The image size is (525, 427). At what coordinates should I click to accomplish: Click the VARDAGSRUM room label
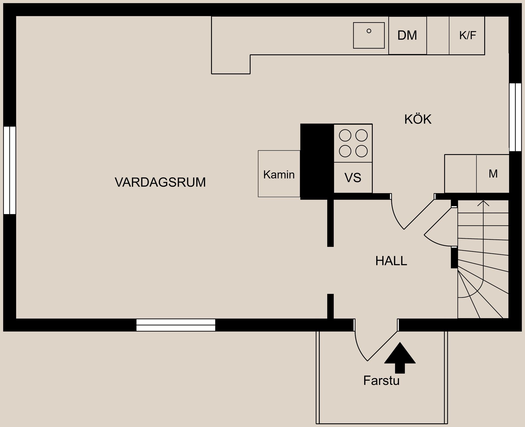(160, 182)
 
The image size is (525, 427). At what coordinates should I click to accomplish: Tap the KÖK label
(418, 119)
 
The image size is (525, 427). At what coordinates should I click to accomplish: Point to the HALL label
(391, 261)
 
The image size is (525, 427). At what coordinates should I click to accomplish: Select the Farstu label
(381, 381)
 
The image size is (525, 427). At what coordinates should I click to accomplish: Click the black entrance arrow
(400, 358)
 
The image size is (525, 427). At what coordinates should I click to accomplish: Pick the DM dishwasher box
(407, 36)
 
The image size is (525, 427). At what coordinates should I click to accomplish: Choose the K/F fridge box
(467, 36)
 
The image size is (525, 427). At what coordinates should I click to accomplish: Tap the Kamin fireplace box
(279, 174)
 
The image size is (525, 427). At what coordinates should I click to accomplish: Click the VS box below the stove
(353, 178)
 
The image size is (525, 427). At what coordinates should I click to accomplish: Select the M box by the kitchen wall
(493, 174)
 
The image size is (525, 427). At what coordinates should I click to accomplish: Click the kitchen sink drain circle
(369, 31)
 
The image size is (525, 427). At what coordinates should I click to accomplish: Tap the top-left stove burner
(345, 135)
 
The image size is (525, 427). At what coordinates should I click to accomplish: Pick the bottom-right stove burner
(361, 151)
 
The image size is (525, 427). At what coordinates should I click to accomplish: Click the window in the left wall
(10, 170)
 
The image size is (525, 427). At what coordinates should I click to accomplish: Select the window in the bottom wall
(176, 325)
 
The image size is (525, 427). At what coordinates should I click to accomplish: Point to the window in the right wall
(515, 117)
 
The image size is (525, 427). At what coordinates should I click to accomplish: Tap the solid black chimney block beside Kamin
(317, 161)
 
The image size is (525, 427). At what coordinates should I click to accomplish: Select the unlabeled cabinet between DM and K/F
(438, 36)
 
